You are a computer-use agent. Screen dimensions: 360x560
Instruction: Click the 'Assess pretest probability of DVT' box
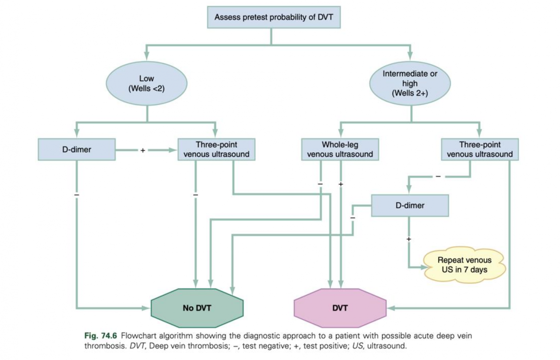(273, 17)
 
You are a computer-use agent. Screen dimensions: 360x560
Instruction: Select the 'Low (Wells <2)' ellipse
(147, 83)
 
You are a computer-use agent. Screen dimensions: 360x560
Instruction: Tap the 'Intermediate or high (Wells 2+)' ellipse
(410, 83)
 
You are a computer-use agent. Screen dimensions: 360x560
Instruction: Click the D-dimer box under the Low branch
(77, 149)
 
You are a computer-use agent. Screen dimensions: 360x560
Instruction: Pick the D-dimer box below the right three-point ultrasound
(410, 206)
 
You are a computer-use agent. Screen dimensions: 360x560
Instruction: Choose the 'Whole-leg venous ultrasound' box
(340, 149)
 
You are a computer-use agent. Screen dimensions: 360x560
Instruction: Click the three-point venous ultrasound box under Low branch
(216, 149)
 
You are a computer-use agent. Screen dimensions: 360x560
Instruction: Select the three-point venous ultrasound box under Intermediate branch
(479, 149)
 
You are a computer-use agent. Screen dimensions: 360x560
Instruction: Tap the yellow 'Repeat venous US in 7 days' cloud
(464, 265)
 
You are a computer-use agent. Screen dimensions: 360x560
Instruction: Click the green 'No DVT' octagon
(197, 308)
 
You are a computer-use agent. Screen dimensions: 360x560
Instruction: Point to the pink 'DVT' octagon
(340, 308)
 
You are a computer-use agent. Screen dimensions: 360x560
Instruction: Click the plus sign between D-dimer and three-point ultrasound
(143, 150)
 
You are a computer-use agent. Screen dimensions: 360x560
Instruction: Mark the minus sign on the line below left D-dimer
(77, 195)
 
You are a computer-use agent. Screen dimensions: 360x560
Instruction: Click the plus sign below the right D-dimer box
(409, 239)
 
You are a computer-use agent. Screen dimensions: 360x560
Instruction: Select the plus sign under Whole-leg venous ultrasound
(341, 184)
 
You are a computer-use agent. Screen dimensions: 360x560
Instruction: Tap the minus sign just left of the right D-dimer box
(353, 218)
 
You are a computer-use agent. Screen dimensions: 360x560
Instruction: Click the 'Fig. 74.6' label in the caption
(101, 336)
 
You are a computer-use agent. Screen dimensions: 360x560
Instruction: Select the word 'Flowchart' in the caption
(138, 336)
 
